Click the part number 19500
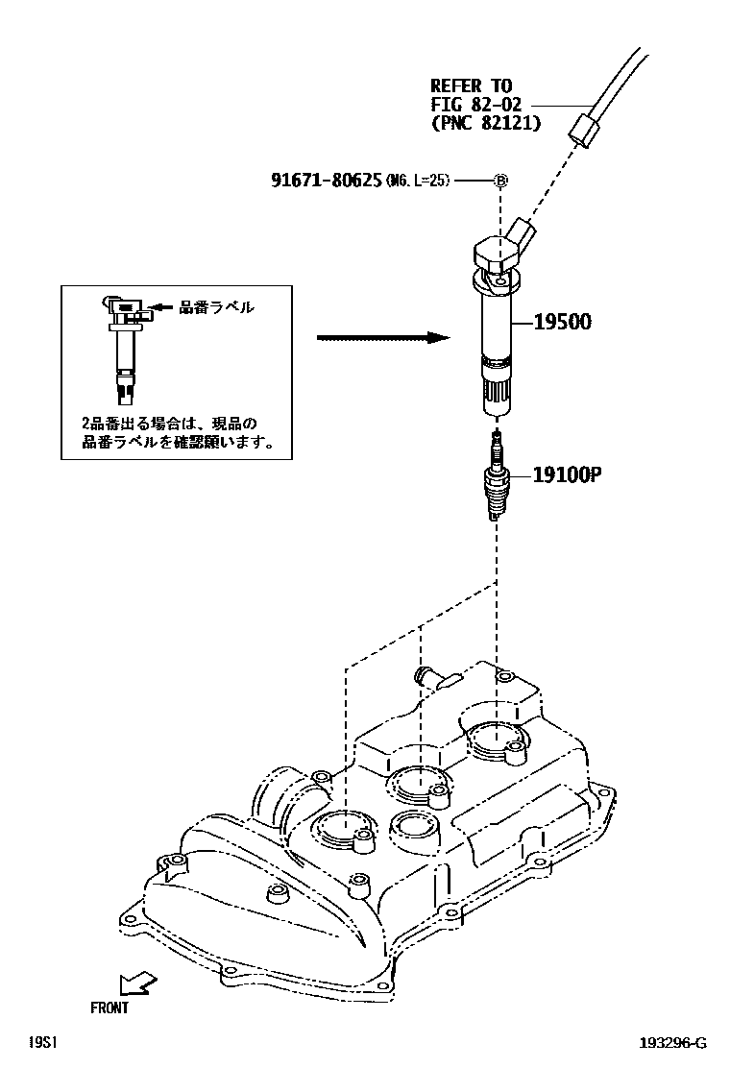[x=557, y=322]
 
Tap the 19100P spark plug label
[x=560, y=474]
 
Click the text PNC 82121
[x=485, y=123]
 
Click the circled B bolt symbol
[x=500, y=180]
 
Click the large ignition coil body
[x=497, y=327]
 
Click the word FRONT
[x=109, y=1008]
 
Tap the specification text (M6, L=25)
[x=418, y=181]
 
